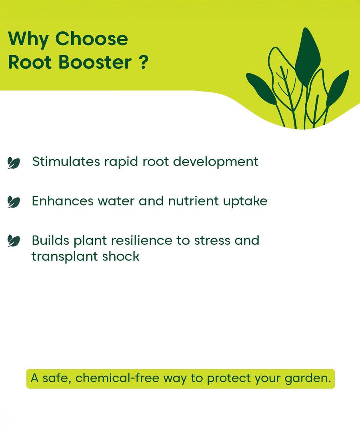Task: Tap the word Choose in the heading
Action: pos(92,38)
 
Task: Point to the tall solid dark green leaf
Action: pos(307,58)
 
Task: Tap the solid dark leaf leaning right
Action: pos(338,88)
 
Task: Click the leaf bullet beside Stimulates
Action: pos(14,163)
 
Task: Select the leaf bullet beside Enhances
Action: pos(14,202)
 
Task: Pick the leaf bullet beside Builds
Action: pos(14,241)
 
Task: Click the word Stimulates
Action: pos(66,162)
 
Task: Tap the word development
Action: pos(216,162)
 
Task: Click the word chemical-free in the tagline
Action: pos(117,378)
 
